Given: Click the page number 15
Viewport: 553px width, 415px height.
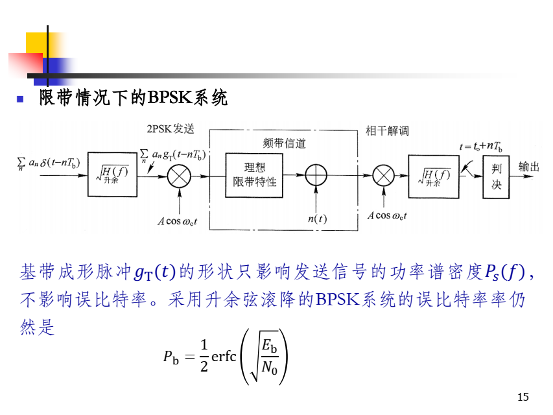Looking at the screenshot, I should coord(524,397).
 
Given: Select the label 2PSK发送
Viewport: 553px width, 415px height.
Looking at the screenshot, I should coord(171,128).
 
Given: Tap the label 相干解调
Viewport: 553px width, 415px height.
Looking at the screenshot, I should coord(387,131).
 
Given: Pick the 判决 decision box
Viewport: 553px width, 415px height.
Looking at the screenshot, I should coord(497,176).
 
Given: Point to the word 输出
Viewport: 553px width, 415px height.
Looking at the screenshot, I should coord(529,167).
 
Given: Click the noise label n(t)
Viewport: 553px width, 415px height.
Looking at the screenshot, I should coord(316,219).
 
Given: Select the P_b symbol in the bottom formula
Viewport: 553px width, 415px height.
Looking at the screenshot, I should coord(171,357).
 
